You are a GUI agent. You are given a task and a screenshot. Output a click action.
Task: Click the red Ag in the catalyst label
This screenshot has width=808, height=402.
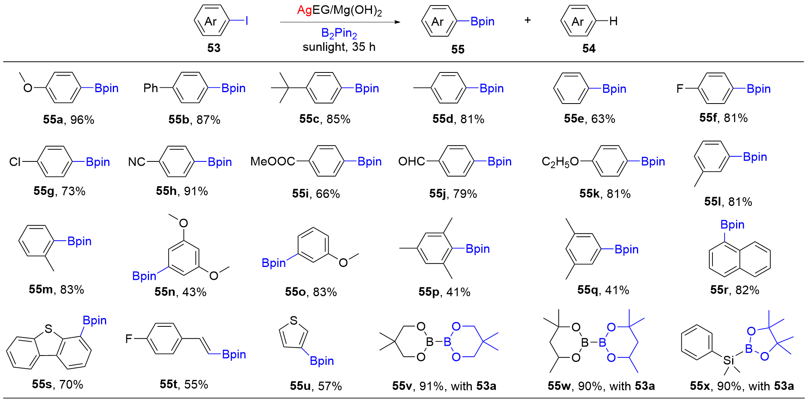(304, 10)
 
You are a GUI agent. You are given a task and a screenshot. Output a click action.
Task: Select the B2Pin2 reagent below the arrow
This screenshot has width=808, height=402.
(339, 33)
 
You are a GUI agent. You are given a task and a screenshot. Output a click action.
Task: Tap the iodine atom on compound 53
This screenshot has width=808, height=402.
(247, 21)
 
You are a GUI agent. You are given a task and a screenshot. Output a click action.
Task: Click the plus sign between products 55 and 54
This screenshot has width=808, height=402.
(528, 20)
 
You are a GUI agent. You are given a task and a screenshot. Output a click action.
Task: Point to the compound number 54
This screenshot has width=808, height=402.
(589, 49)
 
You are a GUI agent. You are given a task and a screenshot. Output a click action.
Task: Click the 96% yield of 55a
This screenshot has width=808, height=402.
(82, 120)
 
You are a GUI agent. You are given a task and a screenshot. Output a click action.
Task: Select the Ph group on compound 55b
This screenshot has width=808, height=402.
(151, 88)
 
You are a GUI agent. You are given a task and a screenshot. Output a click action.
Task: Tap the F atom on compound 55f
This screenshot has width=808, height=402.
(679, 89)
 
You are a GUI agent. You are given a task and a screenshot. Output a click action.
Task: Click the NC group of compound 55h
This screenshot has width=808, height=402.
(136, 162)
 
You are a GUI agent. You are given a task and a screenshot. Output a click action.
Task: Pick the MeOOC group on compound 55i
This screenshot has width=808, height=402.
(272, 161)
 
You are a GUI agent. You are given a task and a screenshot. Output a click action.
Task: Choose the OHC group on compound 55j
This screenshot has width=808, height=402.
(411, 161)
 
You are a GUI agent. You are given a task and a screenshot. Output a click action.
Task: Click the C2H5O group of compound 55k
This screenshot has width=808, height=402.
(560, 162)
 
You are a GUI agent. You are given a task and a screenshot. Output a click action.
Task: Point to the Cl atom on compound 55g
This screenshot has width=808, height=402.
(15, 162)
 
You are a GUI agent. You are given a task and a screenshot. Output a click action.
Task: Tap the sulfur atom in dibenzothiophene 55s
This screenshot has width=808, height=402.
(48, 329)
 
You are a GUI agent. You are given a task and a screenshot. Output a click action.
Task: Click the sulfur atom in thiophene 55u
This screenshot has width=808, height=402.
(293, 320)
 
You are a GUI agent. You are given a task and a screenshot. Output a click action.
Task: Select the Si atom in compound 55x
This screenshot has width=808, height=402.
(729, 360)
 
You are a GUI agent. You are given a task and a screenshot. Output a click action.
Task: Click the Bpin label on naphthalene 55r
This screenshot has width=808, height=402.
(732, 225)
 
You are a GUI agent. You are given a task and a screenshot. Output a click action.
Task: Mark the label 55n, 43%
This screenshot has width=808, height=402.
(180, 292)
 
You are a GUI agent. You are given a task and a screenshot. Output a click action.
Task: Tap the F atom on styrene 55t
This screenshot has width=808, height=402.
(129, 339)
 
